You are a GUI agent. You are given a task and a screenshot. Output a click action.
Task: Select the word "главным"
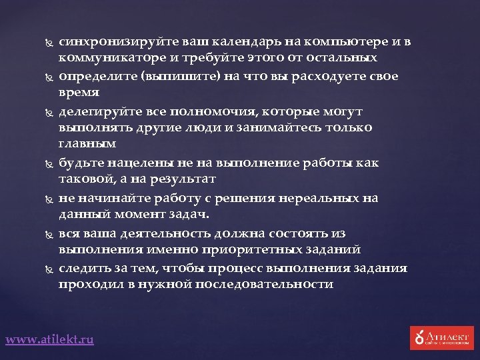[87, 144]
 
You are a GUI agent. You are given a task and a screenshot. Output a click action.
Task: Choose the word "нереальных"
[319, 198]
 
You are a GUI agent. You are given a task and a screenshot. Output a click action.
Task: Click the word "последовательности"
[261, 284]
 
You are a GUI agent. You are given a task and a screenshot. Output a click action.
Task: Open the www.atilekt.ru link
[50, 340]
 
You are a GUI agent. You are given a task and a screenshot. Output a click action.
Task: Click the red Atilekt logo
[441, 337]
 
